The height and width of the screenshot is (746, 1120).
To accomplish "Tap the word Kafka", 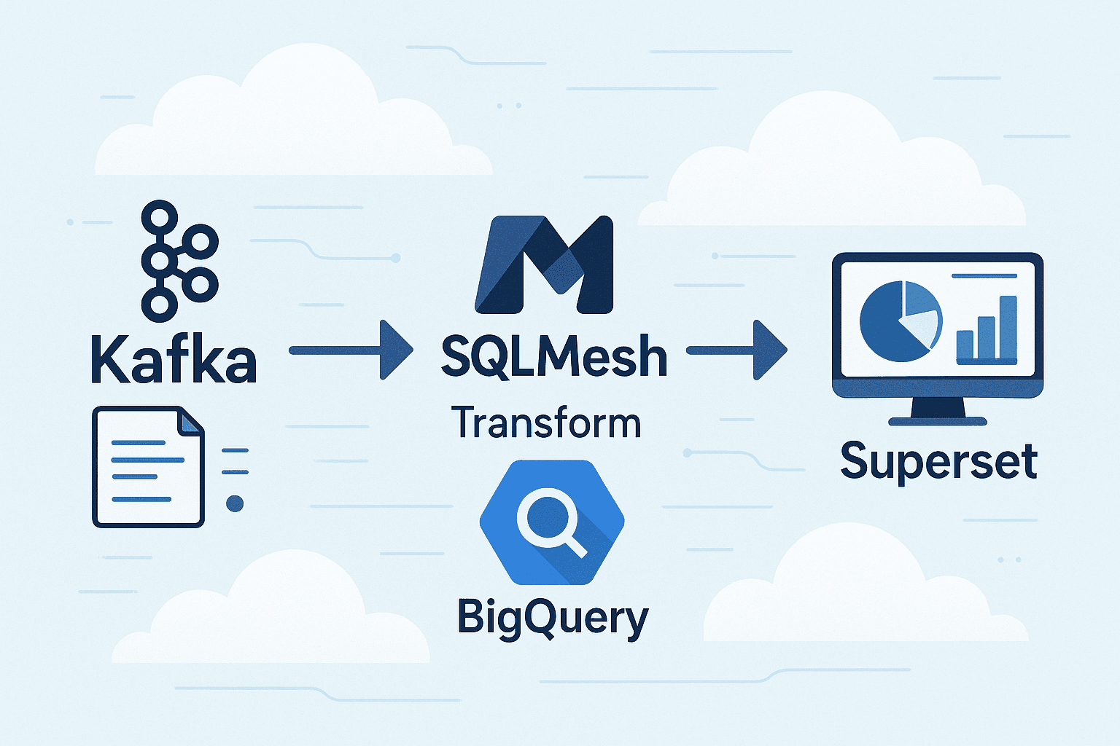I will (x=174, y=359).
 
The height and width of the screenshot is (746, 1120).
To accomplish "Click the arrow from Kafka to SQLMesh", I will (x=351, y=350).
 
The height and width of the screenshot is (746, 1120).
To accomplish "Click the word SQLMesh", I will (x=554, y=356).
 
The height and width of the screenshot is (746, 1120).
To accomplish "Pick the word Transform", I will (x=546, y=423).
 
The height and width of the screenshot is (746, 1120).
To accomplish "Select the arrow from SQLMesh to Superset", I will (x=736, y=350).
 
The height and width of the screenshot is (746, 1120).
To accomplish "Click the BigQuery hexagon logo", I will (x=552, y=522).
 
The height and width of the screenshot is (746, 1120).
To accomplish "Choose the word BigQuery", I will (x=552, y=618).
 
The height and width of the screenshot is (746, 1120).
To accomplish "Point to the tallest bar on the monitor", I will (x=1008, y=328).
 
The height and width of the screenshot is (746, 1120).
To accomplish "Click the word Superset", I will (x=938, y=460).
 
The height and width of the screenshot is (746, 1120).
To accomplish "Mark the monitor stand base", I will (x=937, y=421).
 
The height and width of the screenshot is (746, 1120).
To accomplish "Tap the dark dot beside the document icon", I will (x=235, y=503).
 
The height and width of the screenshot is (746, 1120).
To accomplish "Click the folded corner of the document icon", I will (x=191, y=421).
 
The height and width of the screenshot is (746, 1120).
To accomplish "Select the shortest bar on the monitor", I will (x=964, y=345).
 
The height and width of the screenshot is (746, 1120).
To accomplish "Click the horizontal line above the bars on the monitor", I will (x=984, y=275).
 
